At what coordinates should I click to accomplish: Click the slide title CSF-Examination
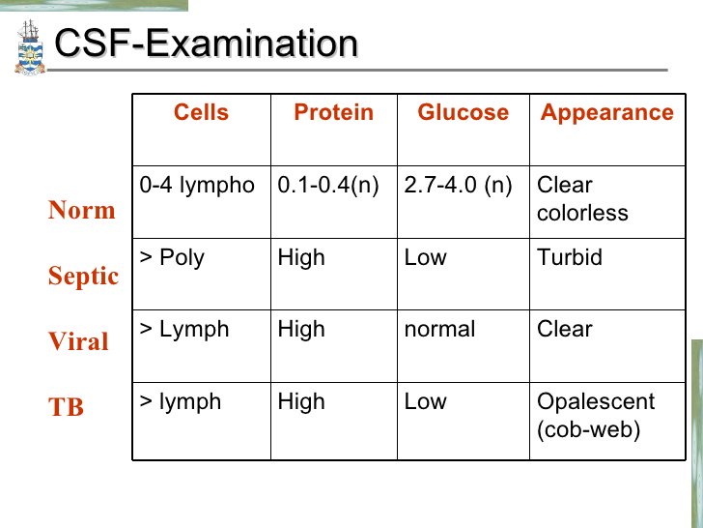pyautogui.click(x=206, y=44)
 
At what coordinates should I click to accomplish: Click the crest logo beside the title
pyautogui.click(x=30, y=47)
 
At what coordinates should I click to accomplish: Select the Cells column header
pyautogui.click(x=201, y=113)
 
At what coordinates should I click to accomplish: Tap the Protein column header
pyautogui.click(x=333, y=113)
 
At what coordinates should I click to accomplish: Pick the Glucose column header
pyautogui.click(x=463, y=113)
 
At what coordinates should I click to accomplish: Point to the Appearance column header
pyautogui.click(x=606, y=113)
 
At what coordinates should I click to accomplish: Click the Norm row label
pyautogui.click(x=81, y=211)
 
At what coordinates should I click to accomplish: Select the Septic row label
pyautogui.click(x=83, y=277)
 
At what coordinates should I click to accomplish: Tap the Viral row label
pyautogui.click(x=78, y=342)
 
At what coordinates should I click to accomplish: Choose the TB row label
pyautogui.click(x=67, y=408)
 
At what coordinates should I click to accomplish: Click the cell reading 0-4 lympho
pyautogui.click(x=197, y=186)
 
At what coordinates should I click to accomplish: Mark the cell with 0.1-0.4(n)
pyautogui.click(x=328, y=186)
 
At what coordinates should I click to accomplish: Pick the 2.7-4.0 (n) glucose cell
pyautogui.click(x=459, y=186)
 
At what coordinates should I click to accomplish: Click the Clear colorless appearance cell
pyautogui.click(x=582, y=198)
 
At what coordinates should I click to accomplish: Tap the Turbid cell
pyautogui.click(x=570, y=258)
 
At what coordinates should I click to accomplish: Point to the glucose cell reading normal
pyautogui.click(x=440, y=330)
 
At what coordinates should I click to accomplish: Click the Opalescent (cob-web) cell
pyautogui.click(x=595, y=415)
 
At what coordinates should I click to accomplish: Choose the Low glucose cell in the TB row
pyautogui.click(x=426, y=401)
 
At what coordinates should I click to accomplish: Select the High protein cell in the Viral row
pyautogui.click(x=301, y=330)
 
